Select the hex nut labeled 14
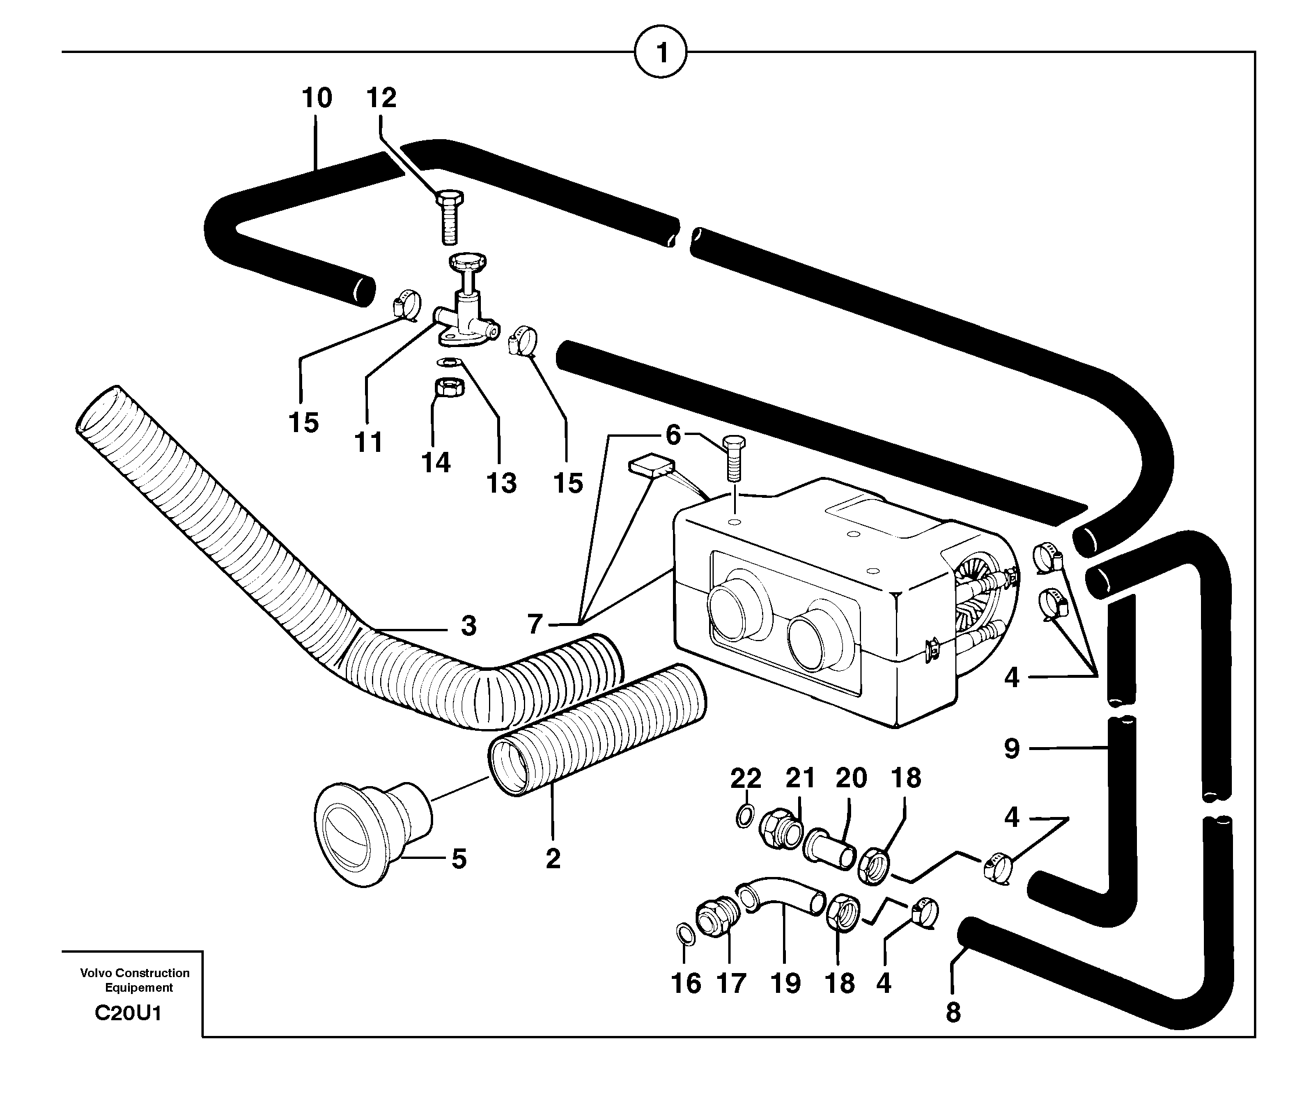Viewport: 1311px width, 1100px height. pyautogui.click(x=449, y=388)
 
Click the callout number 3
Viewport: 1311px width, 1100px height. pyautogui.click(x=468, y=625)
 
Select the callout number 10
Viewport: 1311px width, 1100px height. pyautogui.click(x=317, y=98)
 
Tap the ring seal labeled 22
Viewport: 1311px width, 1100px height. pyautogui.click(x=744, y=815)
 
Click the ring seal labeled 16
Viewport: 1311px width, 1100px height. pyautogui.click(x=685, y=934)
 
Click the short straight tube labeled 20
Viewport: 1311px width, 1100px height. pyautogui.click(x=829, y=848)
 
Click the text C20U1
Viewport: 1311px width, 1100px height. pyautogui.click(x=128, y=1013)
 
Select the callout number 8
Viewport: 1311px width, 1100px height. pyautogui.click(x=952, y=1013)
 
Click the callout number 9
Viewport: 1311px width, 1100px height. pyautogui.click(x=1012, y=748)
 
